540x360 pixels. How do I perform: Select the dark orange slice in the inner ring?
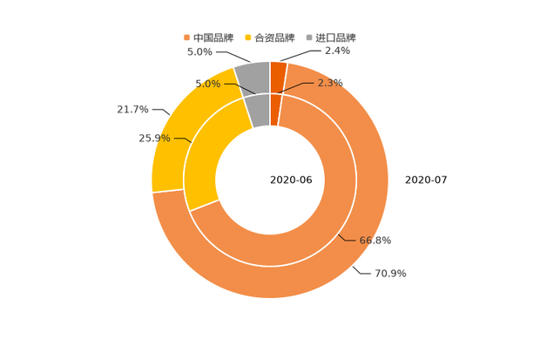(275, 109)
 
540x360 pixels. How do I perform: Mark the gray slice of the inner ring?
(258, 110)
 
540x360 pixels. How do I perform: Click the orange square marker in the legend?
(186, 37)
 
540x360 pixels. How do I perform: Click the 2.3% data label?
(331, 83)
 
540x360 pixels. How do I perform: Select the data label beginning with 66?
(375, 240)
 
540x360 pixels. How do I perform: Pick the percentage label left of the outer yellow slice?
(132, 110)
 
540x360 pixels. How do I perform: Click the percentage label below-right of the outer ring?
(390, 274)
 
